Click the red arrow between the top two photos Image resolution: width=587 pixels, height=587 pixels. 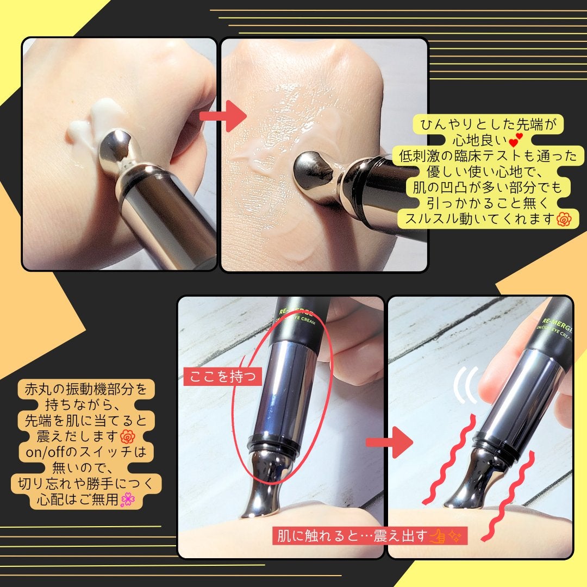223,116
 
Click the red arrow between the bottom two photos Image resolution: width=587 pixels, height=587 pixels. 389,442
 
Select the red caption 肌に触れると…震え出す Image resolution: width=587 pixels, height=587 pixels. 352,536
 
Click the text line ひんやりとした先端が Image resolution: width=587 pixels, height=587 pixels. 488,124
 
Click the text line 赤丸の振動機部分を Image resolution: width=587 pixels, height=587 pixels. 86,389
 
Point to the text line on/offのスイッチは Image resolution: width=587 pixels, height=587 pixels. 86,452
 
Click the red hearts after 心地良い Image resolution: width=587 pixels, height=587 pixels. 516,140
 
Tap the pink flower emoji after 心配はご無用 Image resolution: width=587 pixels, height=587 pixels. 128,499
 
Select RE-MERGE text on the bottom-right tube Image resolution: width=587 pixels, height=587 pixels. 557,325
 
